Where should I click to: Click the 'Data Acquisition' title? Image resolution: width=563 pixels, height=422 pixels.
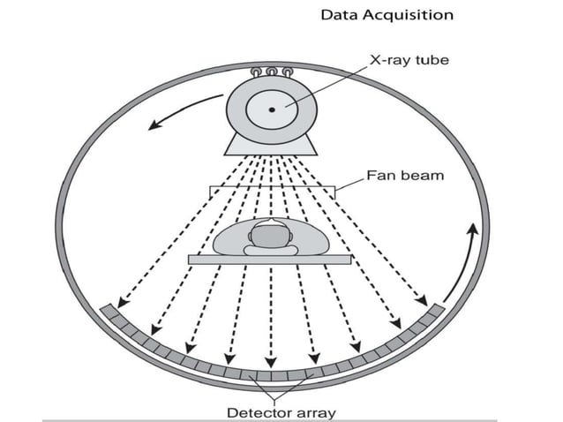[x=387, y=15]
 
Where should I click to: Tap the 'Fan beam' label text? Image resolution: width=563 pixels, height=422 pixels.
[x=405, y=175]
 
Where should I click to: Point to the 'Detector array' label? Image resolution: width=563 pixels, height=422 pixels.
[x=281, y=411]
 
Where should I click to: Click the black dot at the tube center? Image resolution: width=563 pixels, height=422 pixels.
[x=272, y=109]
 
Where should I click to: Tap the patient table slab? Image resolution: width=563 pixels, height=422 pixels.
[x=269, y=259]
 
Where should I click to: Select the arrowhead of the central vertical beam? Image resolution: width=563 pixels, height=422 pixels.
[x=272, y=362]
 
